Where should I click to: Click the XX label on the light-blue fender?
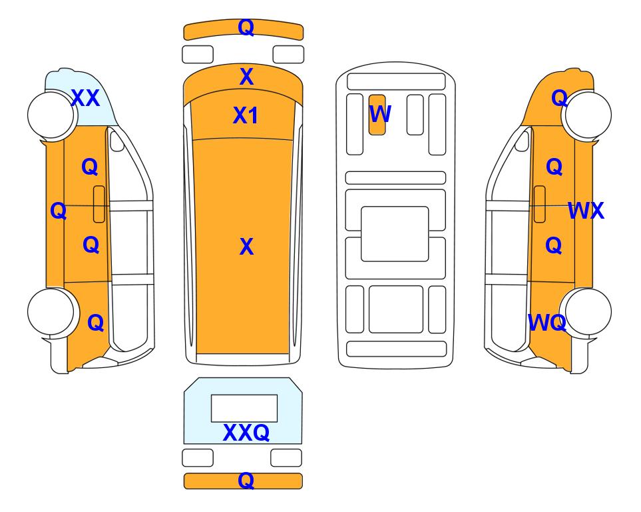pos(85,98)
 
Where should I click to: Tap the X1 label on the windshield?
pos(245,115)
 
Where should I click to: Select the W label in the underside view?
pos(380,114)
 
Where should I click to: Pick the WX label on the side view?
pos(586,211)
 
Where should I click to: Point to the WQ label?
pos(547,323)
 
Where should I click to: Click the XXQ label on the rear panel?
pos(246,433)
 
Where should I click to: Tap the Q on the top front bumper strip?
pos(246,28)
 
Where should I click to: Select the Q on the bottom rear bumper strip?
pos(246,481)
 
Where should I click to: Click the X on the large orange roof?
pos(246,247)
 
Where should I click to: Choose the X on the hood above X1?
pos(246,77)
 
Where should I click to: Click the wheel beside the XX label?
pos(51,115)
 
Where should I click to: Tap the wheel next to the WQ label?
pos(588,311)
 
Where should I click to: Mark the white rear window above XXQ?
pos(244,409)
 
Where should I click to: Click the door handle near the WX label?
pos(540,204)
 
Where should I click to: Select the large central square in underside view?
pos(395,234)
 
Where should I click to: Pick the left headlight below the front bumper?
pos(198,55)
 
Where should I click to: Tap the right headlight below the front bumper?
pos(288,55)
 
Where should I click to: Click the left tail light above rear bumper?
pos(198,457)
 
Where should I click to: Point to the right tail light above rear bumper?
pos(286,457)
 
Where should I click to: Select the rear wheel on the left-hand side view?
pos(51,311)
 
